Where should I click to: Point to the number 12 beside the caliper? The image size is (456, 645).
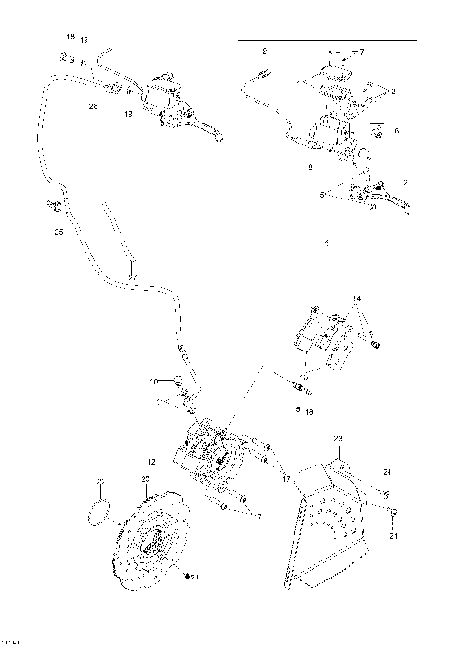pos(152,461)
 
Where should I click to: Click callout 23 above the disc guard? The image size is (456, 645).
pos(336,438)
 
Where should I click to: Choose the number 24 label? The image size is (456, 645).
pos(388,470)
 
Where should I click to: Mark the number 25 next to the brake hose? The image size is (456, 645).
pos(56,231)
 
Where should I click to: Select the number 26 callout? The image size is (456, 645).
pos(93,106)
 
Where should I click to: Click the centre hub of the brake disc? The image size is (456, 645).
pos(151,543)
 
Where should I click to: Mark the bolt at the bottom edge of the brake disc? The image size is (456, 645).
pos(186,578)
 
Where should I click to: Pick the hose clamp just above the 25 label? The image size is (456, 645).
pos(54,204)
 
